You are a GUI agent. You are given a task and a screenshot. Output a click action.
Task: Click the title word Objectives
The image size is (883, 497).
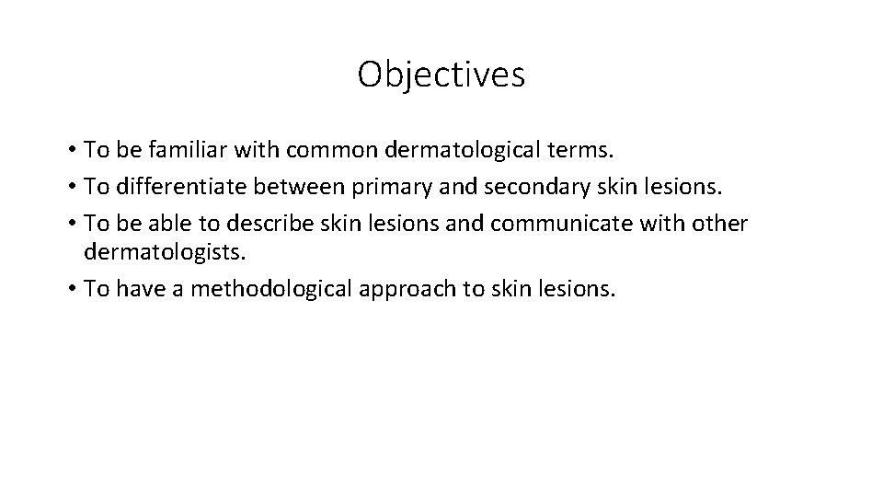[x=441, y=75]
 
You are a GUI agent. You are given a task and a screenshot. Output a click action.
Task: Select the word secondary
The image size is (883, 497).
[x=513, y=187]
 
